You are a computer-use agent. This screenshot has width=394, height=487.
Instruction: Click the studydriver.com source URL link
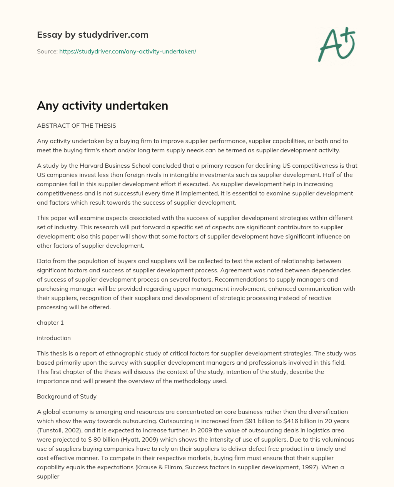(128, 51)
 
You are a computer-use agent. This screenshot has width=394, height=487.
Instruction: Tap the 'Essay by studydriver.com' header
(92, 35)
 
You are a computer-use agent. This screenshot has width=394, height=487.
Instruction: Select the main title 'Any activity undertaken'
(102, 106)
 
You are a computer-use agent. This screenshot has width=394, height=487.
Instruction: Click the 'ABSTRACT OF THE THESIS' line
(76, 125)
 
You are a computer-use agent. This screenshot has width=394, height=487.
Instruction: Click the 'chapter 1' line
(50, 322)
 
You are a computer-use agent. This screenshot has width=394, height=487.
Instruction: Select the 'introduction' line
(54, 338)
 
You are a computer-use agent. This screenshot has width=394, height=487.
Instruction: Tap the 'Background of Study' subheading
(67, 396)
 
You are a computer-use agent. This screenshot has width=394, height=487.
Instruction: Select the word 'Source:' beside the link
(47, 51)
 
